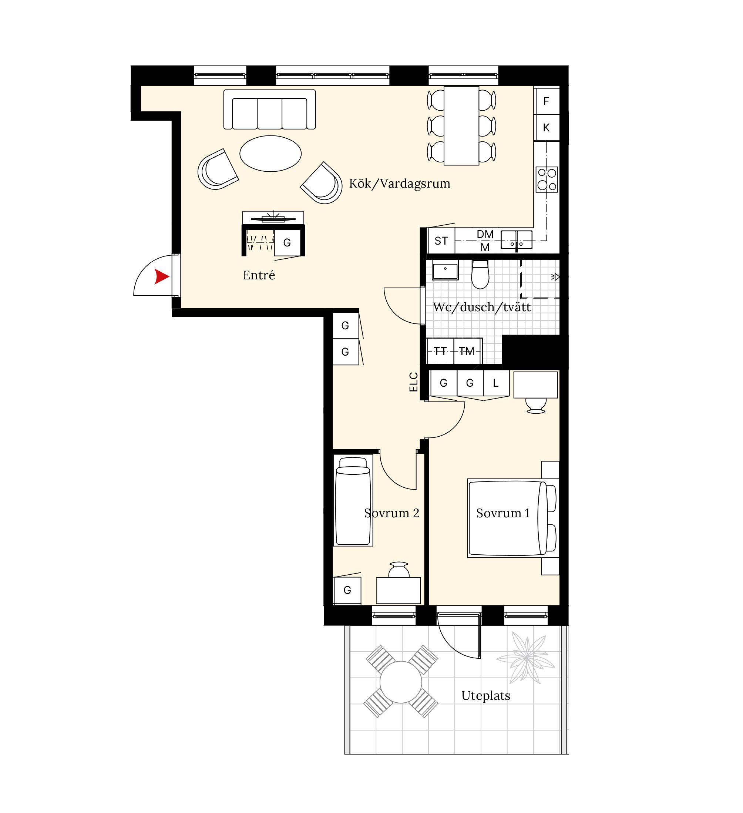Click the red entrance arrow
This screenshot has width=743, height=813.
pos(161,277)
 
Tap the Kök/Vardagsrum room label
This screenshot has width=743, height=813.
pos(400,184)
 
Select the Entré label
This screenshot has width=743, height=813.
pos(259,275)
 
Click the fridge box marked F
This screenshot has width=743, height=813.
pos(547,101)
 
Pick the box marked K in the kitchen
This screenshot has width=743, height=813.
pos(547,127)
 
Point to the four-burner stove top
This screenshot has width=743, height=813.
pos(547,179)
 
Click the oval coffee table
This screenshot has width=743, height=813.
pos(270,154)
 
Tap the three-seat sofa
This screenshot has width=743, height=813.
pos(270,110)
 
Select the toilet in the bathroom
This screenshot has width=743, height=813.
pos(480,274)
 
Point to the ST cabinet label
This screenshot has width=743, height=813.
pos(441,241)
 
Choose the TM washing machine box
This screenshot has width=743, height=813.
pos(467,351)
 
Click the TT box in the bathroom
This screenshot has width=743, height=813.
pos(440,351)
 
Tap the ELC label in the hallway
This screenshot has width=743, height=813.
pos(414,382)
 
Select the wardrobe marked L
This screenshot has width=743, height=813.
pos(496,383)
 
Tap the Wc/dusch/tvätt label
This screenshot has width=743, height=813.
pos(482,307)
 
